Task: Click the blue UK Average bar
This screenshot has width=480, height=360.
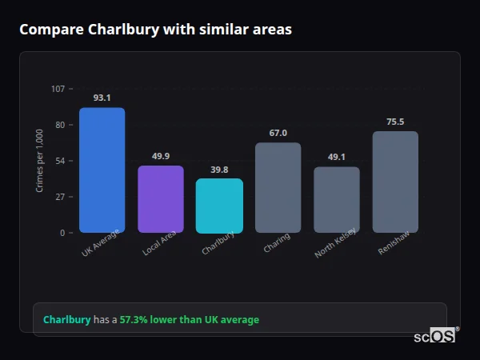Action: (102, 170)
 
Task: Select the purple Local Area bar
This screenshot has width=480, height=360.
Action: (161, 199)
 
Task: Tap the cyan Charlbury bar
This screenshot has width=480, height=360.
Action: (219, 206)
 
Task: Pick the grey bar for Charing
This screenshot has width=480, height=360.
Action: (278, 187)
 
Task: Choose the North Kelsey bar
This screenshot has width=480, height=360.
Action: (336, 199)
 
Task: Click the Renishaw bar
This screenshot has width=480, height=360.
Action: (395, 182)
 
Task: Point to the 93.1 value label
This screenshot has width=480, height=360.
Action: (102, 98)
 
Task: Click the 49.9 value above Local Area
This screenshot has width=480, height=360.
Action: (161, 156)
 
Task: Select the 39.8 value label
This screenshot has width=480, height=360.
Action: (219, 170)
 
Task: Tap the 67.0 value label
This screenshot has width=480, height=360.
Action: (278, 133)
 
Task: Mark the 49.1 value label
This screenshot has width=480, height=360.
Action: (336, 157)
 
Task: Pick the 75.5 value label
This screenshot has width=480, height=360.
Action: (395, 122)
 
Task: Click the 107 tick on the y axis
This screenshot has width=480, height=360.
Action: (58, 89)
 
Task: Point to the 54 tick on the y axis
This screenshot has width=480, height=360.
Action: (59, 161)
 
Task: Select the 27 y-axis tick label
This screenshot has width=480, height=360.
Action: (59, 197)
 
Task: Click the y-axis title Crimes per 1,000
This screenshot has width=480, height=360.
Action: (40, 161)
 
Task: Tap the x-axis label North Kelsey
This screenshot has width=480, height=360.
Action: (335, 244)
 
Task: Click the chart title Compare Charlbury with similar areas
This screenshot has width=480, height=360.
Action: (155, 30)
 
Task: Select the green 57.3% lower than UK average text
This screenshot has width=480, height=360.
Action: (190, 320)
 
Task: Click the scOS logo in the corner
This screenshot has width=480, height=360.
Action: (435, 336)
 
